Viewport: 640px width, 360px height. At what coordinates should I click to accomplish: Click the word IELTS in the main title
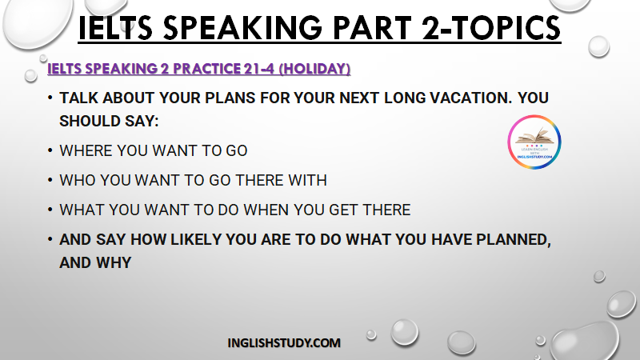coord(115,28)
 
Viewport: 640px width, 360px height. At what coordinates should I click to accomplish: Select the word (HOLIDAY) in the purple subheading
coord(314,69)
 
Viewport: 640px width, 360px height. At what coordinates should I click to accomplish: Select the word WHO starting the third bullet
coord(78,180)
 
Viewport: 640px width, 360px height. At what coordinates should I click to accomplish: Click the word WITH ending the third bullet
coord(307,180)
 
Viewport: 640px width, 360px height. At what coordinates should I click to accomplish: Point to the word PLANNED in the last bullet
coord(514,239)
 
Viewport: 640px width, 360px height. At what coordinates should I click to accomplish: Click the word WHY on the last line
coord(114,263)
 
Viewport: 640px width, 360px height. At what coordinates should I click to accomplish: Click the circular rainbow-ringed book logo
coord(534,142)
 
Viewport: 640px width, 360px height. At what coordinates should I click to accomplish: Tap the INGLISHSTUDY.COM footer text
coord(284,343)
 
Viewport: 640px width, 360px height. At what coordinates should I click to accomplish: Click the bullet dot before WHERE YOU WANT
coord(50,150)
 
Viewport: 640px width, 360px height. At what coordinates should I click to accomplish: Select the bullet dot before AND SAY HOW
coord(50,239)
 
